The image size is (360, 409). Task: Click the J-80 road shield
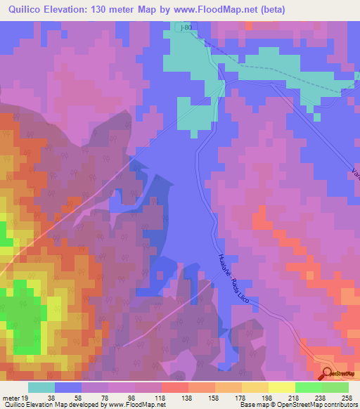(186, 27)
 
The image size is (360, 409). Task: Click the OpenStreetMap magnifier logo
(328, 374)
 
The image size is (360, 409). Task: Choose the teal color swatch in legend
(41, 387)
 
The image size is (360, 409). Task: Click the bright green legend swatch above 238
(309, 387)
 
